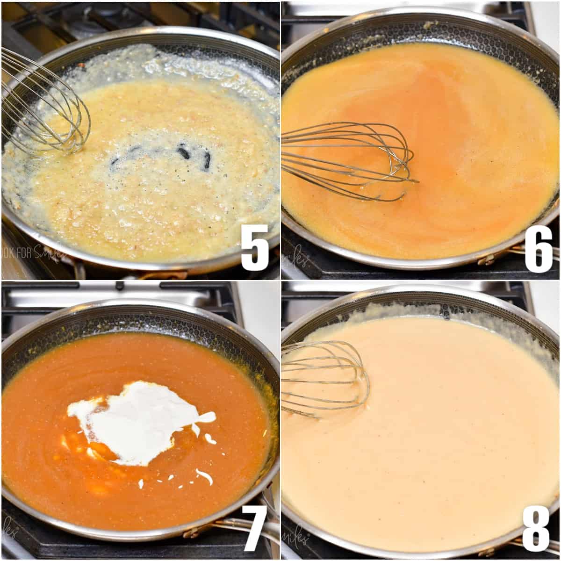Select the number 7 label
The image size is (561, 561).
pyautogui.click(x=255, y=528)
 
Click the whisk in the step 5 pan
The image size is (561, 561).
pyautogui.click(x=47, y=108)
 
